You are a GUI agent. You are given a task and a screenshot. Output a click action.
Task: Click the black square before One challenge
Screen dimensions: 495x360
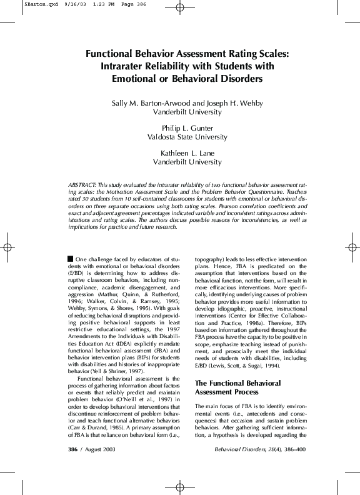(70, 258)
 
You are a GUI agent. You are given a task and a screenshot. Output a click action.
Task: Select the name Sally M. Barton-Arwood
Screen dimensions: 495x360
(148, 103)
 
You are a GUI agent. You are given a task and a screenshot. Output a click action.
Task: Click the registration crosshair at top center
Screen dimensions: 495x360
(180, 8)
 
